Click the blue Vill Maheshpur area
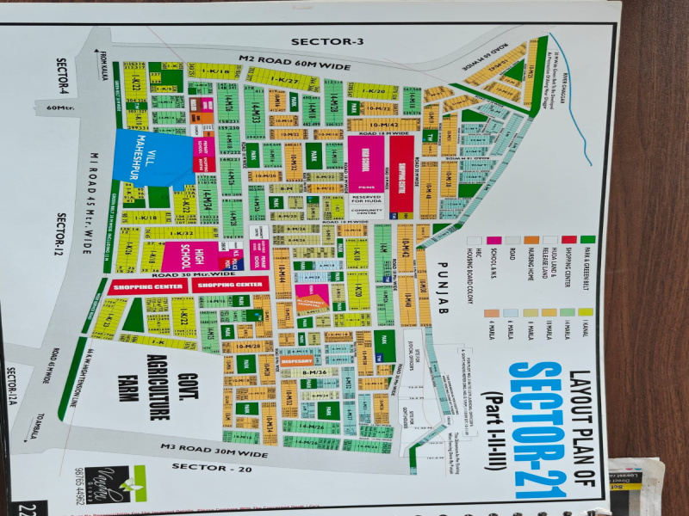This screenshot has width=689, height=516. [151, 157]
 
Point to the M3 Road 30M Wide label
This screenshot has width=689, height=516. [215, 448]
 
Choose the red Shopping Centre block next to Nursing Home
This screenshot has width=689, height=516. [401, 175]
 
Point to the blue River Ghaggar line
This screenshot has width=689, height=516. [573, 95]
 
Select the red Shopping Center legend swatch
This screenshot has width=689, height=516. [568, 239]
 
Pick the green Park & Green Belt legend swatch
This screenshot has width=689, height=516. [587, 239]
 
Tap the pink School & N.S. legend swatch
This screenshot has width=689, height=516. [493, 240]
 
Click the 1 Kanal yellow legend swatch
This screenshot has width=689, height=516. [587, 312]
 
